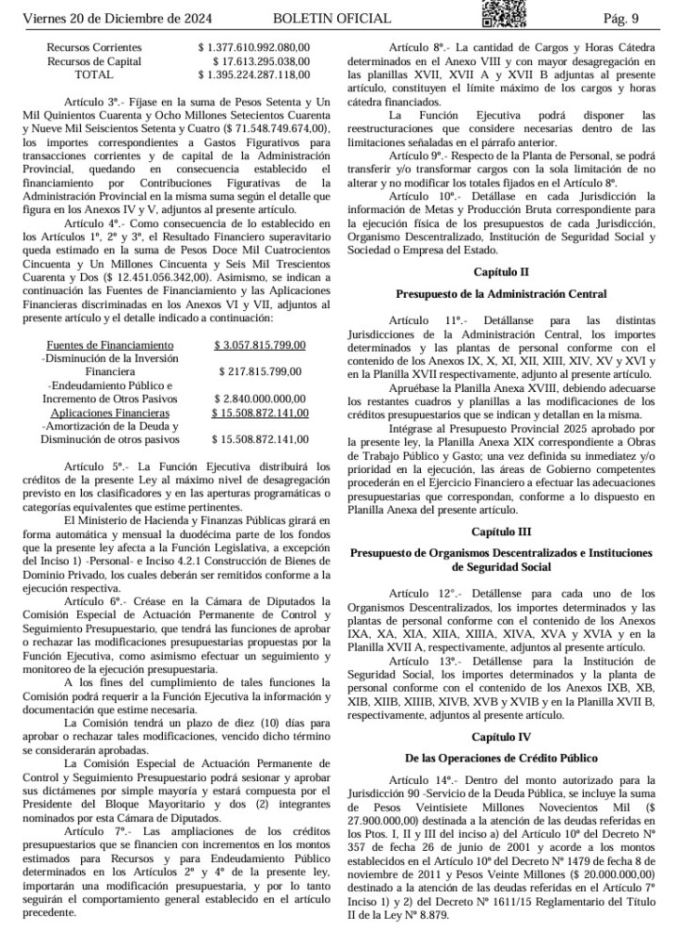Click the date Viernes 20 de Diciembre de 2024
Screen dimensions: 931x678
point(119,19)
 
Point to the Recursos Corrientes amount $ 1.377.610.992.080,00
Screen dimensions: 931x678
point(253,47)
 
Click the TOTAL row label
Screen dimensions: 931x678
point(93,73)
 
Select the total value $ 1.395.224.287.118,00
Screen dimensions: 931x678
point(253,73)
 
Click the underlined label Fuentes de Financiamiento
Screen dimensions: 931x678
point(110,346)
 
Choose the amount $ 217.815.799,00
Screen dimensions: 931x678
point(261,372)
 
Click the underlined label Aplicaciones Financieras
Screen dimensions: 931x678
point(110,413)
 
